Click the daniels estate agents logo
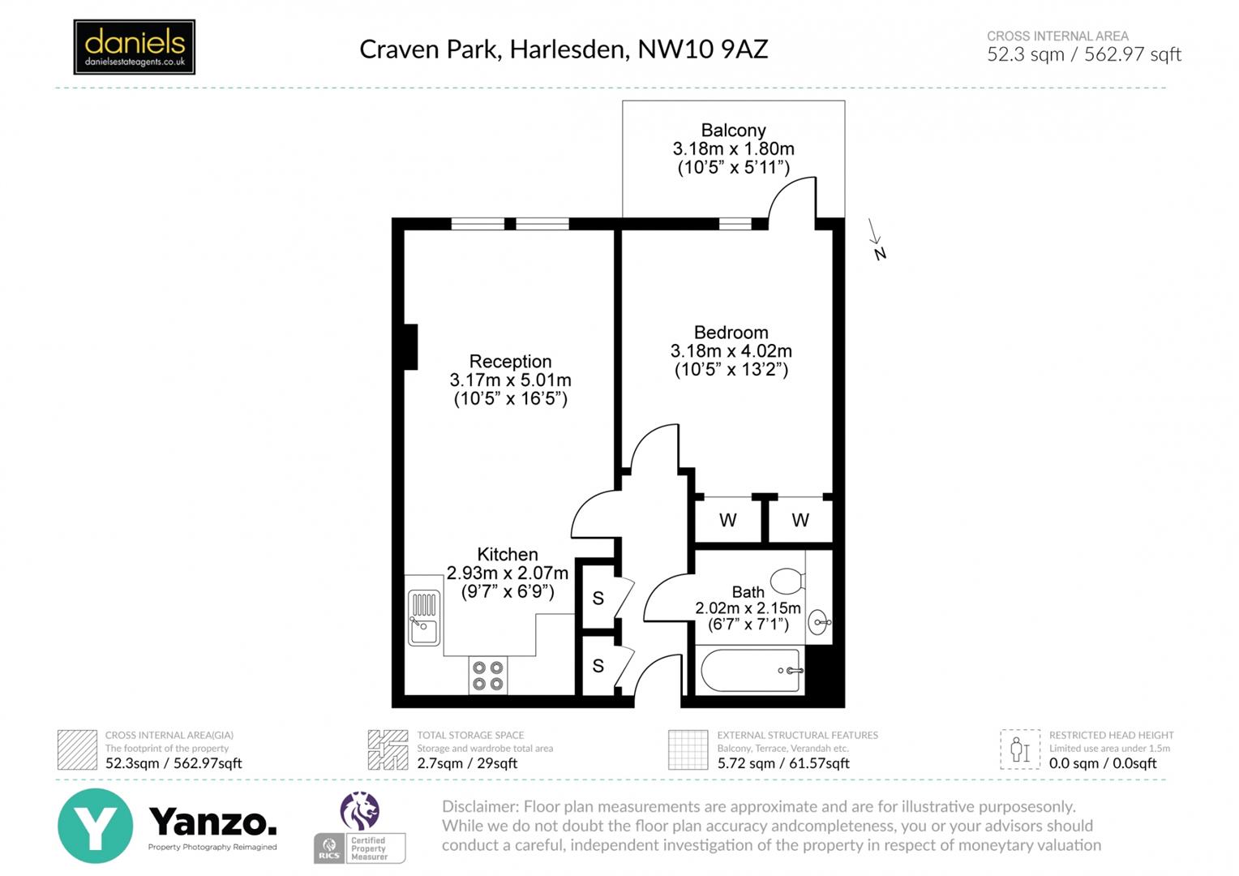pos(134,47)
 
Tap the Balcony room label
pos(733,130)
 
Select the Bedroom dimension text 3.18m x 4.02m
pos(731,351)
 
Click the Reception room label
pos(510,361)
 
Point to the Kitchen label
pos(507,554)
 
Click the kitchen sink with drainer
pos(423,618)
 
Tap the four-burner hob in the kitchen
pos(488,676)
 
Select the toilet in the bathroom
pos(787,581)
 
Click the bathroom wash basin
pos(820,623)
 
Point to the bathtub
pos(751,671)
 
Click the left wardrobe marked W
pos(727,521)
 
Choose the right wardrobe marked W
pos(800,521)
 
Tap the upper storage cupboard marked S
pos(598,599)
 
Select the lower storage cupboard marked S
pos(598,666)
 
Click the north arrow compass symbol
pos(876,240)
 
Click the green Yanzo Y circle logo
pos(95,826)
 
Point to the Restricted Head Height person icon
pos(1019,749)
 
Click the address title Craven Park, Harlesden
pos(563,49)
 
